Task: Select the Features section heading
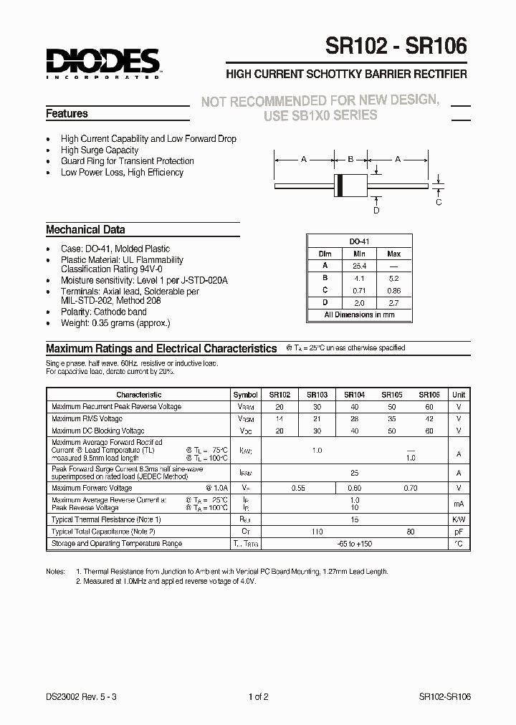click(67, 114)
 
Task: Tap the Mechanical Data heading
click(85, 230)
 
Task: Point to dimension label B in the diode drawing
click(350, 160)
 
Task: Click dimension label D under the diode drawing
click(376, 211)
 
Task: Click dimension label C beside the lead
click(439, 202)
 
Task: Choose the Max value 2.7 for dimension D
click(393, 302)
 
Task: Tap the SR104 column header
click(354, 395)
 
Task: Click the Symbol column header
click(246, 395)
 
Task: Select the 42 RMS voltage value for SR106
click(429, 419)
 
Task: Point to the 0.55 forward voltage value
click(299, 488)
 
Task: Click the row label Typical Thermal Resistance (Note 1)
click(106, 519)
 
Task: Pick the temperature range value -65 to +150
click(353, 544)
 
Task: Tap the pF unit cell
click(458, 532)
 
